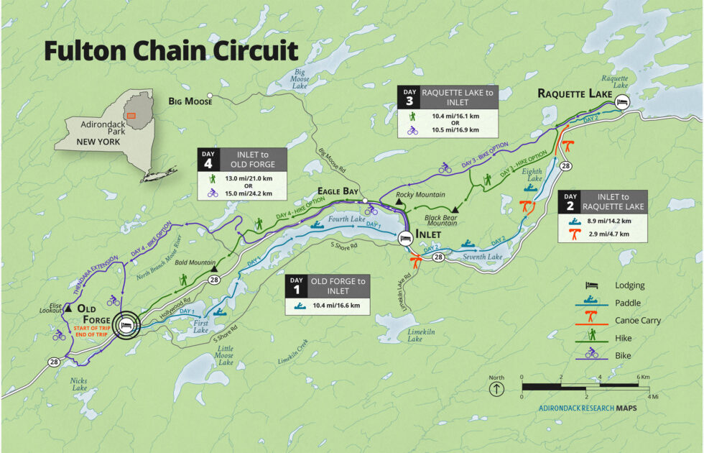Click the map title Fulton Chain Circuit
(x=170, y=51)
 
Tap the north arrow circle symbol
(x=496, y=390)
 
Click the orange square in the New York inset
(x=131, y=115)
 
